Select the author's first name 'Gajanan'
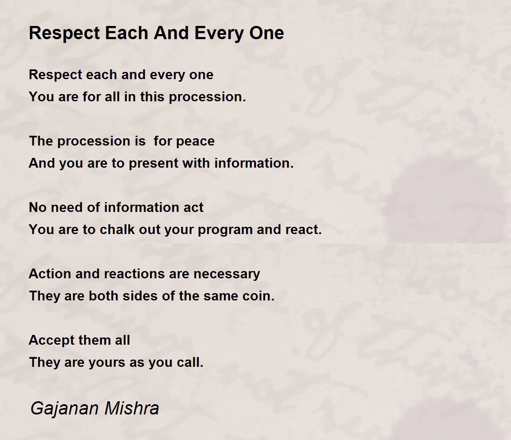click(x=59, y=409)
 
